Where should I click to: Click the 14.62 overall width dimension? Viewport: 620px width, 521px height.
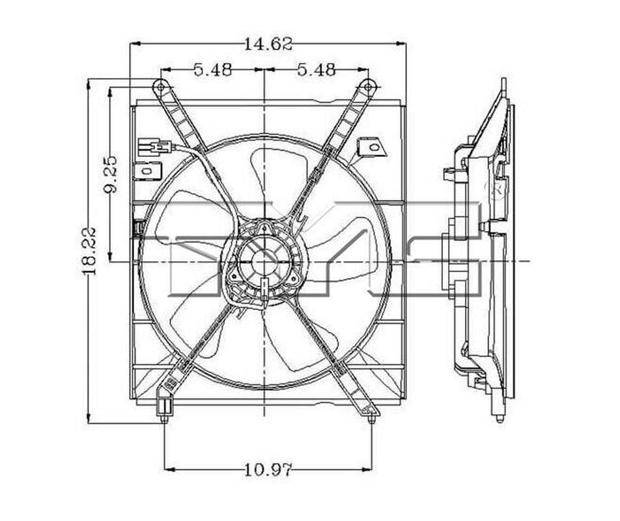point(268,44)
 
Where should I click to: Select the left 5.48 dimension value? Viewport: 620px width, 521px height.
point(212,70)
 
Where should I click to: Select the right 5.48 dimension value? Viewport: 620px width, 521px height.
point(317,70)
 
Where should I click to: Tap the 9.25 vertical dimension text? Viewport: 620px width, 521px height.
point(111,174)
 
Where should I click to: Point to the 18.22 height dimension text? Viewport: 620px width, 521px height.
point(89,251)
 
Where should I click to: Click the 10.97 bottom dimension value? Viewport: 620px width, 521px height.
point(268,468)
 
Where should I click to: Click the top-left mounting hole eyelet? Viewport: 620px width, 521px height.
point(160,86)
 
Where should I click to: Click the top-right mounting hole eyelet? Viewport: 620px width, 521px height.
point(368,86)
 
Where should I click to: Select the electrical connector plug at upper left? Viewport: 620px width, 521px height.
point(154,146)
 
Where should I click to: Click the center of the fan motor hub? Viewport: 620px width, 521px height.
point(264,260)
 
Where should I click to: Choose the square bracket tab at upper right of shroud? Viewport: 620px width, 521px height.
point(373,147)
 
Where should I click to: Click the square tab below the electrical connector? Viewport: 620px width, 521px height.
point(148,171)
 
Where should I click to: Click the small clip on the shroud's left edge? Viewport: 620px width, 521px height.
point(138,229)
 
